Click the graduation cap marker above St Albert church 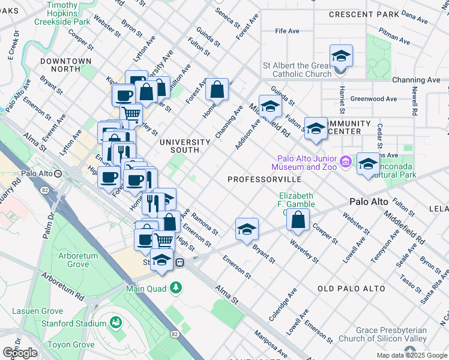341,56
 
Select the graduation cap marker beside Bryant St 246,229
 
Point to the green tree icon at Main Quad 176,289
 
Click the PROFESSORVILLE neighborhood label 264,179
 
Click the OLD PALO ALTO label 351,289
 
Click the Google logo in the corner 20,353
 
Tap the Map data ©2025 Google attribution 412,355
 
